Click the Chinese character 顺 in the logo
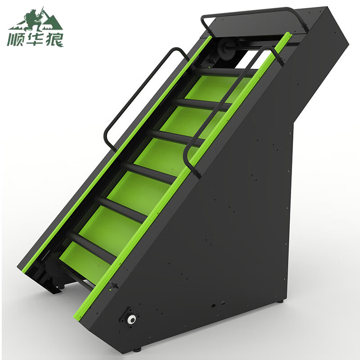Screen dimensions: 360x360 pyautogui.click(x=15, y=40)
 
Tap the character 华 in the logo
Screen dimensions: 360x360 pyautogui.click(x=35, y=40)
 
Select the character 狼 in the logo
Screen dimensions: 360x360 pyautogui.click(x=54, y=40)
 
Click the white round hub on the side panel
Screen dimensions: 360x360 pyautogui.click(x=131, y=319)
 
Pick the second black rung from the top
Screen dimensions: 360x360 pyautogui.click(x=202, y=104)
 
